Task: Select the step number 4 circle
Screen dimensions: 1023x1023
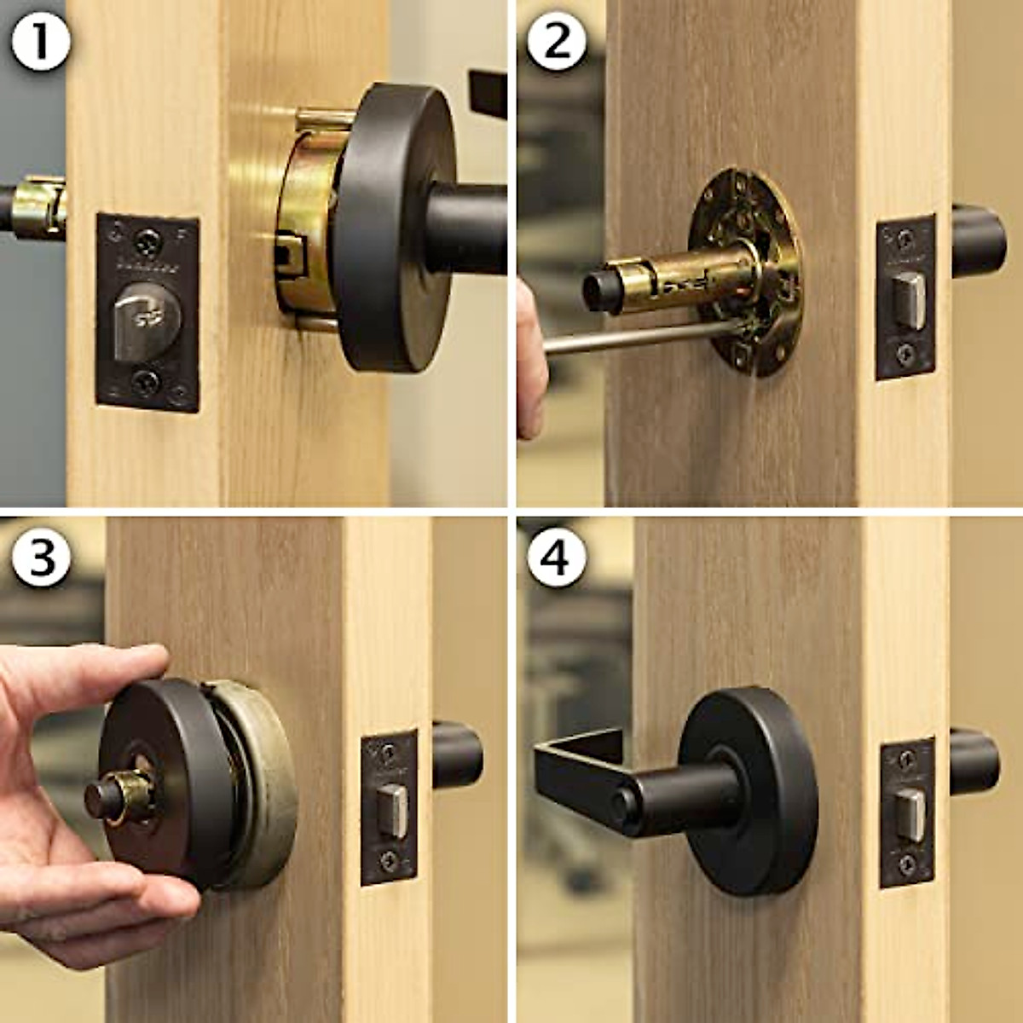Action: tap(557, 558)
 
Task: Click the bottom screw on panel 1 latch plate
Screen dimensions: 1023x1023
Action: tap(147, 381)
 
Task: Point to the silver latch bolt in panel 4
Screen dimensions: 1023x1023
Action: tap(910, 813)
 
